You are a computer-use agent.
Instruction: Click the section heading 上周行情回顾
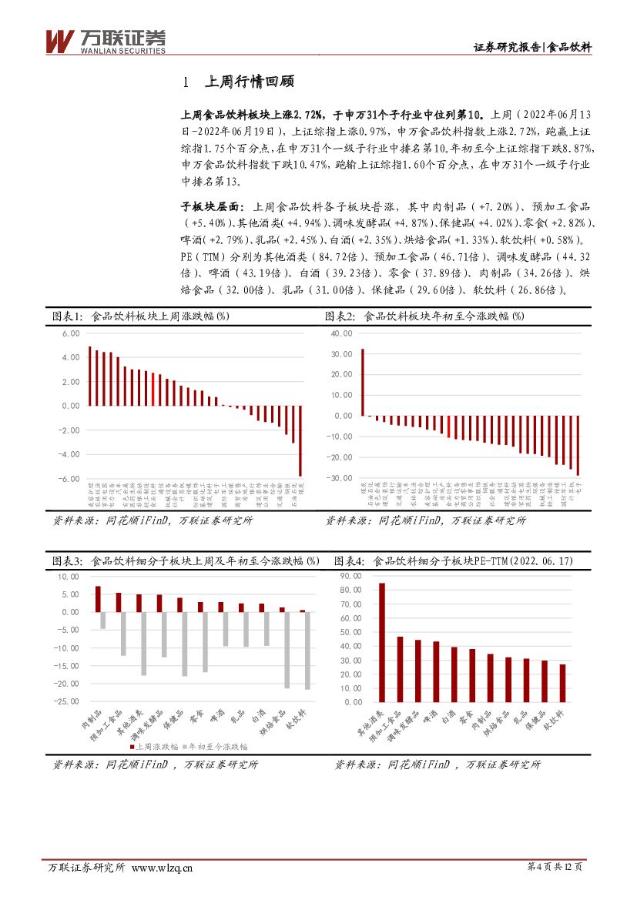(246, 82)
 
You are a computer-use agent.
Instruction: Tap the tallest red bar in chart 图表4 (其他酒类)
(381, 642)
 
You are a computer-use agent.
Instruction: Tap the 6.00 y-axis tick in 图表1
(71, 333)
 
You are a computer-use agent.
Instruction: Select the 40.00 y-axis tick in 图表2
(341, 333)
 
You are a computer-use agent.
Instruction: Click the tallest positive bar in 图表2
(363, 382)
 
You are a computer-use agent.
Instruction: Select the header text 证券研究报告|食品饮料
(531, 47)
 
